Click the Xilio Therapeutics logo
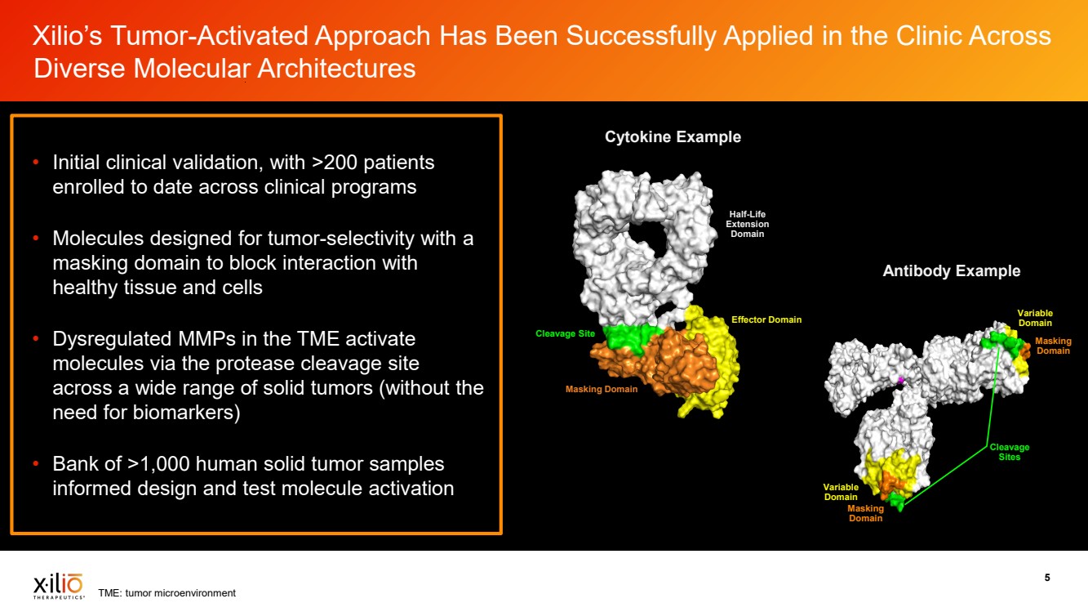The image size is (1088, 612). pos(58,586)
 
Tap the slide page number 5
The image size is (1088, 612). pos(1047,578)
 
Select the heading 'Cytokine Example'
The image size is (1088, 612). pos(673,137)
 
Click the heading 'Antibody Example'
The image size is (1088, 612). pos(951,270)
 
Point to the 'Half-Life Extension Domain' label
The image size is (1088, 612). pos(747,224)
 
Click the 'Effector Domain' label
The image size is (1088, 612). pos(766,319)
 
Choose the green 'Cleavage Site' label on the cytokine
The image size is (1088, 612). pos(565,333)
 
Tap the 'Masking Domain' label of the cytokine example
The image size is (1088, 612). pos(602,389)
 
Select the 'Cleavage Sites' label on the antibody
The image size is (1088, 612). pos(1010,452)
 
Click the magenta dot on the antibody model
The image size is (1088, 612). pos(900,380)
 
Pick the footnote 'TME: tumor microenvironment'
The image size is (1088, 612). pos(167,593)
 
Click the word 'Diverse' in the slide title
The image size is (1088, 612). pos(81,68)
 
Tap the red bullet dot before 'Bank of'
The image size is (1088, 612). pos(36,463)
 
